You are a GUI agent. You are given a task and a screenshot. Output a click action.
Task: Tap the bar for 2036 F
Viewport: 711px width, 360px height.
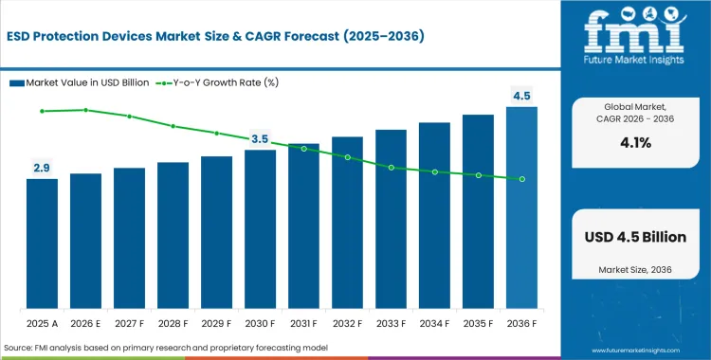coord(521,208)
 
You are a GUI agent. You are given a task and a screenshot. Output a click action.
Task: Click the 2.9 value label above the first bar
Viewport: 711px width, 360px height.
coord(42,168)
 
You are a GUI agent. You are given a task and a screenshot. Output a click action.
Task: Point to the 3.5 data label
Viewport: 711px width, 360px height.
coord(260,139)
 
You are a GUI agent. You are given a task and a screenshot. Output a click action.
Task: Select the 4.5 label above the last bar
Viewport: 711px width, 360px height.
coord(521,95)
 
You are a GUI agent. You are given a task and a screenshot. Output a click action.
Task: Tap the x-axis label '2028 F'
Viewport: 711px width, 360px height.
coord(173,323)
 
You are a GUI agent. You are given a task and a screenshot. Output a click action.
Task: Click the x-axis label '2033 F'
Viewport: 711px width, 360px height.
coord(391,323)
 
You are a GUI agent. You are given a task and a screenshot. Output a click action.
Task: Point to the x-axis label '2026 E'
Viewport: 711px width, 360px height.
coord(85,323)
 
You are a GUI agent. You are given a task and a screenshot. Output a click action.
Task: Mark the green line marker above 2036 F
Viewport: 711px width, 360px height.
coord(521,179)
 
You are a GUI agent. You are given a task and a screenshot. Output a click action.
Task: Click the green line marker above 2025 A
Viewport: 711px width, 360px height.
coord(42,111)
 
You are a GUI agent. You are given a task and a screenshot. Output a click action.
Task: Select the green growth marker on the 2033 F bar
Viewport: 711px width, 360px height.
coord(391,168)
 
